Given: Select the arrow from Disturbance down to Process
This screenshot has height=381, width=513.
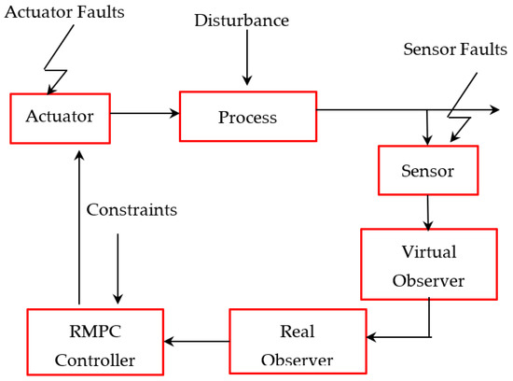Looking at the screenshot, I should coord(246,62).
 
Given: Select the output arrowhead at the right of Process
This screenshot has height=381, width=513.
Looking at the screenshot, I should coord(493,109).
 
